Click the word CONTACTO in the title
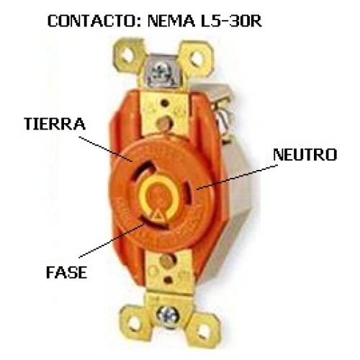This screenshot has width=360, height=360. coord(93,21)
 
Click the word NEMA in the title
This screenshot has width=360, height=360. coord(171,21)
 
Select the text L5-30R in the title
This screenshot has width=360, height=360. coord(231,21)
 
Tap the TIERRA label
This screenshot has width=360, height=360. coord(55,124)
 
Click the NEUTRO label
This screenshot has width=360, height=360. coord(305,155)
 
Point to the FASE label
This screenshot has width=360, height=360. coord(66,272)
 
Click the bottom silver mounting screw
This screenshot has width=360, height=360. coord(168,317)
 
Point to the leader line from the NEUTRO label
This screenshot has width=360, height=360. coord(237,177)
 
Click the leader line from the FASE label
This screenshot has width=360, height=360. coord(112,240)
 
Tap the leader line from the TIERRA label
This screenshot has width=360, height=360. coord(106,149)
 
